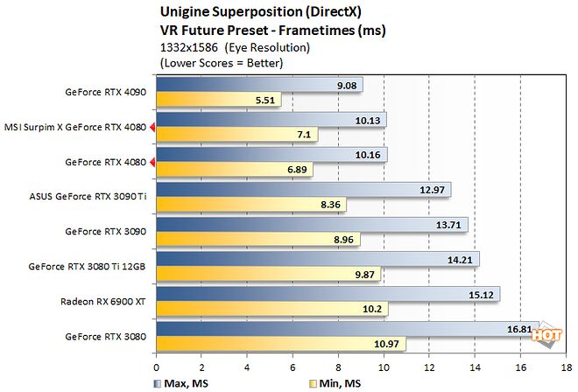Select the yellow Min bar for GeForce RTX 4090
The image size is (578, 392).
coord(219,100)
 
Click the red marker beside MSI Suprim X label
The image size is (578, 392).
coord(152,128)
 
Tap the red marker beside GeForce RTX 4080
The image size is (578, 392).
coord(152,163)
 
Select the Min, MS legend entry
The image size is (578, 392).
coord(340,382)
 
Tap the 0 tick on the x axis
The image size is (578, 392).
coord(157,367)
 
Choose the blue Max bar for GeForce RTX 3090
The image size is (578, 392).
coord(312,225)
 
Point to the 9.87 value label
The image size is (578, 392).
coord(364,273)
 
